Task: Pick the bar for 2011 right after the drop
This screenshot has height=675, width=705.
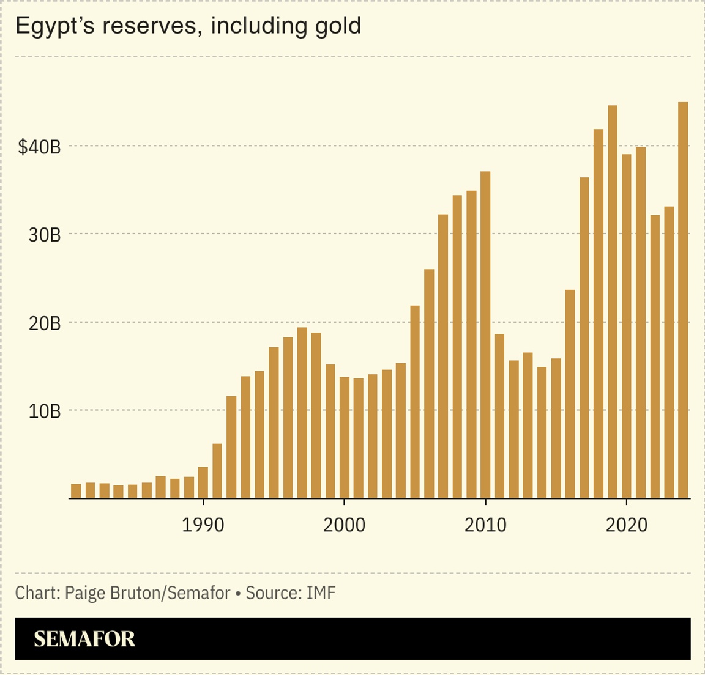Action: coord(499,416)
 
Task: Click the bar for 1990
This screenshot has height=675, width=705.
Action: coord(203,482)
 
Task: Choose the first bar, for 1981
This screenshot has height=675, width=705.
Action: coord(76,491)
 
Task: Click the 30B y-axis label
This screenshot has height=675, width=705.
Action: coord(45,235)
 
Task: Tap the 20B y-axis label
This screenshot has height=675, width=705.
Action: coord(45,323)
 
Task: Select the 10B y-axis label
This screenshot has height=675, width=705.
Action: coord(45,411)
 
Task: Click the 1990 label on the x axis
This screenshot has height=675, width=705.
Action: coord(203,525)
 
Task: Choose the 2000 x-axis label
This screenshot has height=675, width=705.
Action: coord(345,525)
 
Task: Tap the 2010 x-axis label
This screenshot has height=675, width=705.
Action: coord(485,525)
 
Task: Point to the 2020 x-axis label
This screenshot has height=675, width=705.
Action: coord(627,525)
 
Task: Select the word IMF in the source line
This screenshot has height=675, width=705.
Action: coord(321,592)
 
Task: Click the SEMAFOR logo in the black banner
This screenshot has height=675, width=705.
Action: coord(84,639)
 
